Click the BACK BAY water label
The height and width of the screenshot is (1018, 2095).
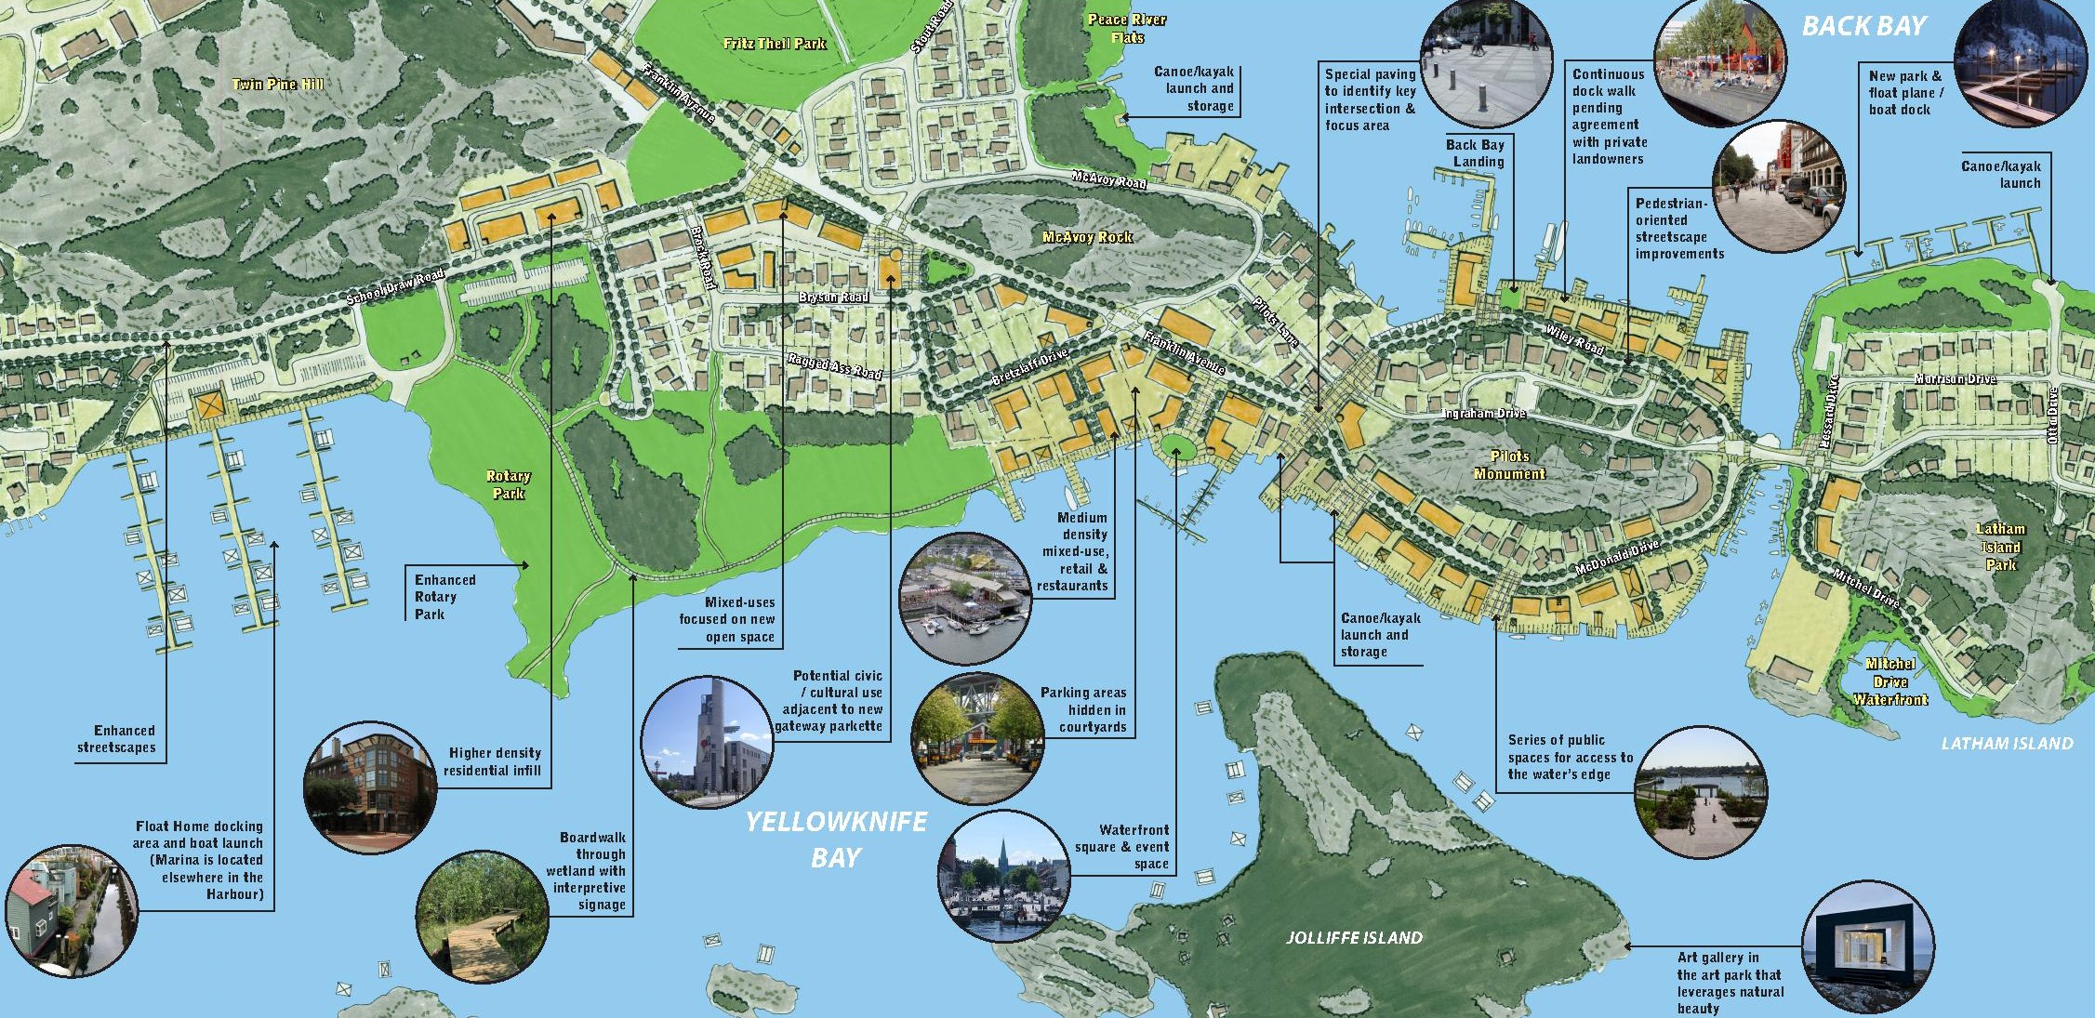click(x=1863, y=26)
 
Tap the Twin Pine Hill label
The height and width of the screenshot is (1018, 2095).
click(x=277, y=85)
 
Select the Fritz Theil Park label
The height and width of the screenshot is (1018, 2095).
click(x=774, y=44)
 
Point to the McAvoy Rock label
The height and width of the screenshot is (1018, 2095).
click(x=1087, y=237)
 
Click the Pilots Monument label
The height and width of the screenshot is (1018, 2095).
click(x=1509, y=465)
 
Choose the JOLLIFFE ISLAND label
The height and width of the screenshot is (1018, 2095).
click(x=1354, y=938)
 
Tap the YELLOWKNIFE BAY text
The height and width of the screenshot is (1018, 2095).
click(x=836, y=840)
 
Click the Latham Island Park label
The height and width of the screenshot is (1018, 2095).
click(x=2000, y=547)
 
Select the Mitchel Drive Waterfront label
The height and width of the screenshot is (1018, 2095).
click(x=1890, y=681)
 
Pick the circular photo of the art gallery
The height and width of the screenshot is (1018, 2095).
click(x=1868, y=947)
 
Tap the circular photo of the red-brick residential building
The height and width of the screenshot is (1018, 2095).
click(x=369, y=787)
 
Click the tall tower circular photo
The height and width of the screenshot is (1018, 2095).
click(x=707, y=741)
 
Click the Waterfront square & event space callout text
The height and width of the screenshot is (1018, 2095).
click(x=1122, y=847)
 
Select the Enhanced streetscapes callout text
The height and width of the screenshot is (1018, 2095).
click(x=116, y=739)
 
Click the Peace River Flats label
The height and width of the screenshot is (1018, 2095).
click(x=1127, y=29)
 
